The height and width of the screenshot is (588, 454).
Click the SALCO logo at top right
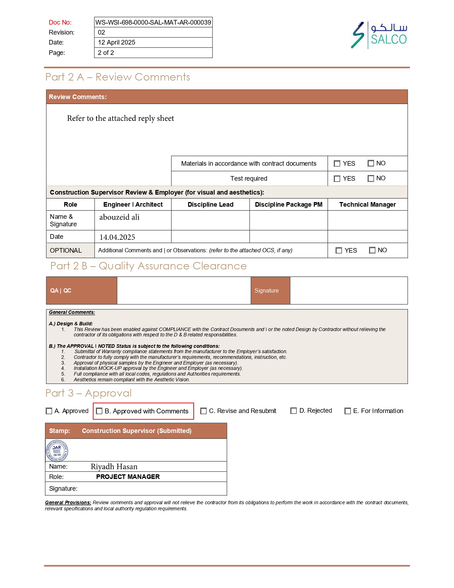click(x=379, y=35)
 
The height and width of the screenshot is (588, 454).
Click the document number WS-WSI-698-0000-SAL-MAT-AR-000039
click(x=153, y=22)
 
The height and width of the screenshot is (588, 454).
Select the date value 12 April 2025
click(x=116, y=42)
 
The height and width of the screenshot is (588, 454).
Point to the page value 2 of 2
click(x=106, y=53)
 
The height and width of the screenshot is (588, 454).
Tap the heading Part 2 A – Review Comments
click(x=118, y=77)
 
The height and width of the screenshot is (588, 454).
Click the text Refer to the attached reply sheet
click(x=120, y=118)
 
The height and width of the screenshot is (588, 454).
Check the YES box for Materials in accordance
click(x=337, y=164)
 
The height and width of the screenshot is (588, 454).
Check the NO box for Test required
click(x=371, y=179)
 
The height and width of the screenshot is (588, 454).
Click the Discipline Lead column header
click(x=210, y=205)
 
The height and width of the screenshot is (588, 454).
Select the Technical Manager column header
click(x=367, y=205)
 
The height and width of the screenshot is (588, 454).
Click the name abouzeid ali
click(x=119, y=217)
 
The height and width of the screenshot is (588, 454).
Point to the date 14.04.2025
click(x=117, y=237)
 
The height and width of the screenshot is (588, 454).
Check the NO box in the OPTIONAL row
click(x=372, y=251)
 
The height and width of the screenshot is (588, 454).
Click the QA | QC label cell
click(x=82, y=290)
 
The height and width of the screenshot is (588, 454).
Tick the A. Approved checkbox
click(x=49, y=411)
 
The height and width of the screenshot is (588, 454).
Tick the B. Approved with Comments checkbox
click(x=99, y=411)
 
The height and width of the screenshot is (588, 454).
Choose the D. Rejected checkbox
click(x=293, y=411)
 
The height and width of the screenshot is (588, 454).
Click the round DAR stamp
click(x=57, y=450)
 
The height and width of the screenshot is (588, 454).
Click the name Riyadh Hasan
click(x=114, y=467)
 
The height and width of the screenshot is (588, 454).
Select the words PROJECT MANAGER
click(x=128, y=477)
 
